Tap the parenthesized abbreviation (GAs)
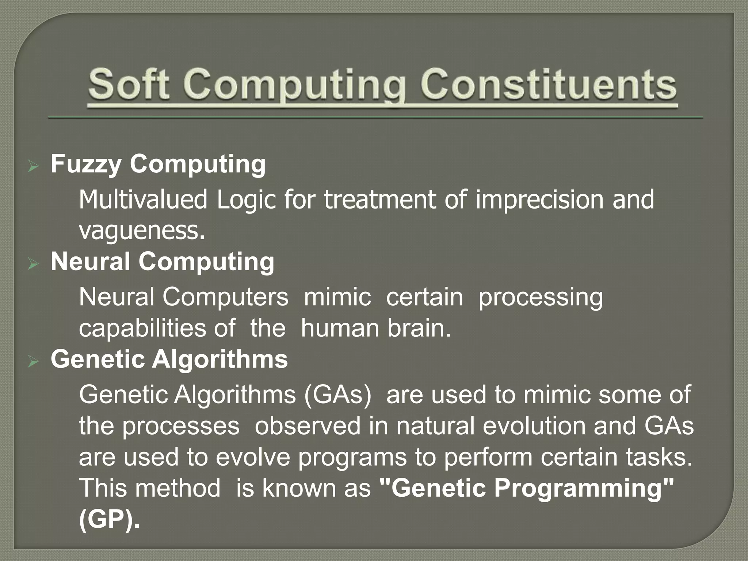coord(337,395)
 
